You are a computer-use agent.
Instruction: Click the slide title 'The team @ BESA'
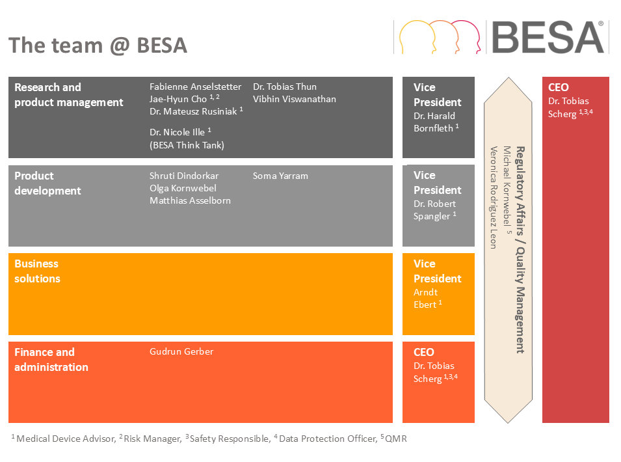click(x=98, y=45)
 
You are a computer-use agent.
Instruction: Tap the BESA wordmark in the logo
click(x=548, y=37)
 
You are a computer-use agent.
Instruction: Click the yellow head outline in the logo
click(x=417, y=37)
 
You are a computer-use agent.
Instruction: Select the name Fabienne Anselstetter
click(x=195, y=87)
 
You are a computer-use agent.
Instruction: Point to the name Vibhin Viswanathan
click(x=295, y=99)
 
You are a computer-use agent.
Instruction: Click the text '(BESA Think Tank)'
click(x=187, y=145)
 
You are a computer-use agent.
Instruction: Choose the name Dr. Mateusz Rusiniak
click(x=193, y=111)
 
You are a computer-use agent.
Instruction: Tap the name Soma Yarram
click(x=280, y=176)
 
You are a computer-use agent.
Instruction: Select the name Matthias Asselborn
click(x=190, y=200)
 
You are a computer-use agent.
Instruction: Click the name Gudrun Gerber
click(x=181, y=351)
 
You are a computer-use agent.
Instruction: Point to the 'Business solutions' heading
click(x=37, y=271)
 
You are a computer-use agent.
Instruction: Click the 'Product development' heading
click(x=47, y=183)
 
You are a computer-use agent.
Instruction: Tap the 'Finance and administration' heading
click(x=51, y=359)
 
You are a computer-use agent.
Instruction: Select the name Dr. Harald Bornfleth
click(x=434, y=122)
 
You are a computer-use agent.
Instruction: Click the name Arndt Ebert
click(x=426, y=299)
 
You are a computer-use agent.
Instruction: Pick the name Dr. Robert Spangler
click(x=434, y=210)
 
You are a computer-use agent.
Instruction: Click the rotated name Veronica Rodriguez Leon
click(x=494, y=197)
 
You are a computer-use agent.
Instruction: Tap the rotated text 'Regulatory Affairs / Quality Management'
click(x=520, y=250)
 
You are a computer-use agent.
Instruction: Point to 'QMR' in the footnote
click(x=395, y=439)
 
